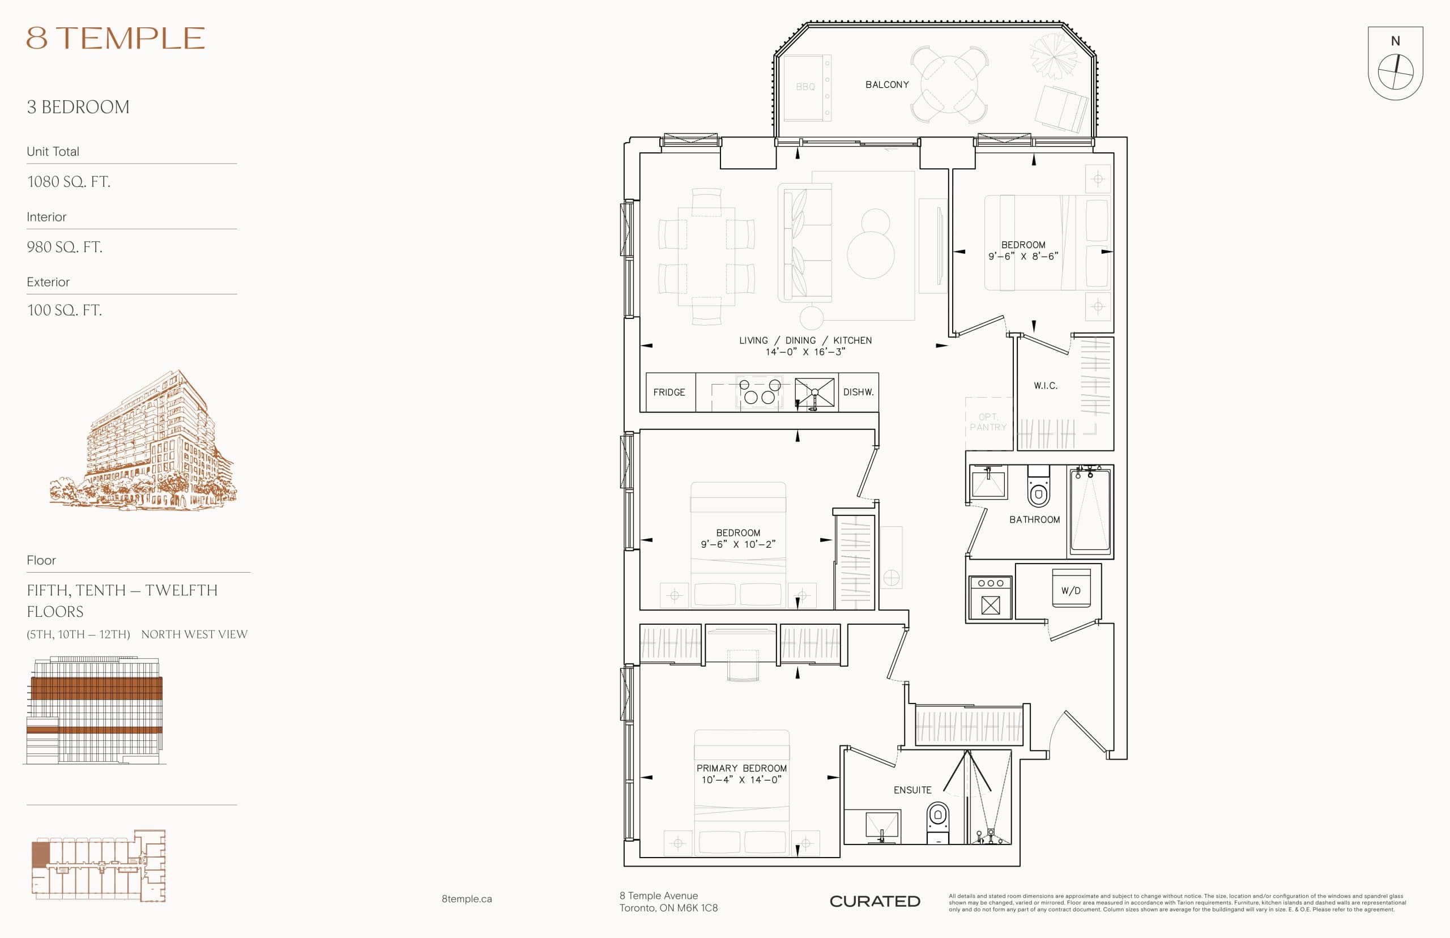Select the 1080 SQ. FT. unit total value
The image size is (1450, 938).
(x=69, y=181)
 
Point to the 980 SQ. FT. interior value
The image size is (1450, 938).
(x=65, y=247)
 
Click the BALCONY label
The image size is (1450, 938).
(x=886, y=84)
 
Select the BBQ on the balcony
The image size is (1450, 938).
(x=805, y=87)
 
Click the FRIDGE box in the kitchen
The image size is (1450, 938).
(x=669, y=393)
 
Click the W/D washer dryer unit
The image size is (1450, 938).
(x=1071, y=589)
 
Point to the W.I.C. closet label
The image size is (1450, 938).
(x=1045, y=386)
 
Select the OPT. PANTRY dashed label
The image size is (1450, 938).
(x=988, y=422)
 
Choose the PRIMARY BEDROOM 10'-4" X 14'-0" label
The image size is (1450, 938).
(x=741, y=774)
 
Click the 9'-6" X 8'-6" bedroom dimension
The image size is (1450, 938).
(x=1023, y=257)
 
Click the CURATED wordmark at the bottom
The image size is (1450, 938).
(x=875, y=901)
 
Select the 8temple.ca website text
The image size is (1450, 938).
(x=467, y=898)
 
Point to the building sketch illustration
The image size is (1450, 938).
(x=143, y=442)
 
